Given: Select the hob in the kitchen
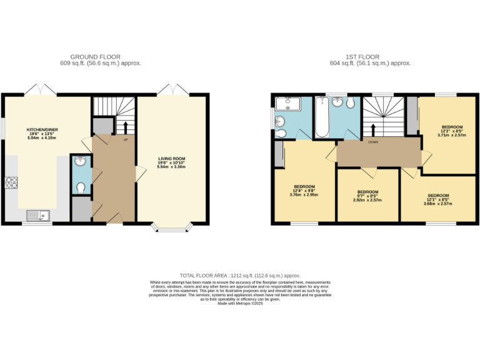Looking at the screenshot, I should [x=11, y=182].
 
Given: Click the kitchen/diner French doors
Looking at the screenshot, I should [x=41, y=89].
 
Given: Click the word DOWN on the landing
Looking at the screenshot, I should [x=372, y=142].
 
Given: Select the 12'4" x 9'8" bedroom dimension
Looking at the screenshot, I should [x=304, y=191].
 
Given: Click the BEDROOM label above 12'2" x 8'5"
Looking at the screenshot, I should [x=452, y=127].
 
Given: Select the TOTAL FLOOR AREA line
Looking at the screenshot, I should [x=240, y=275].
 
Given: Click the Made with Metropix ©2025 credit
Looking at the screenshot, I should [x=240, y=303].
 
